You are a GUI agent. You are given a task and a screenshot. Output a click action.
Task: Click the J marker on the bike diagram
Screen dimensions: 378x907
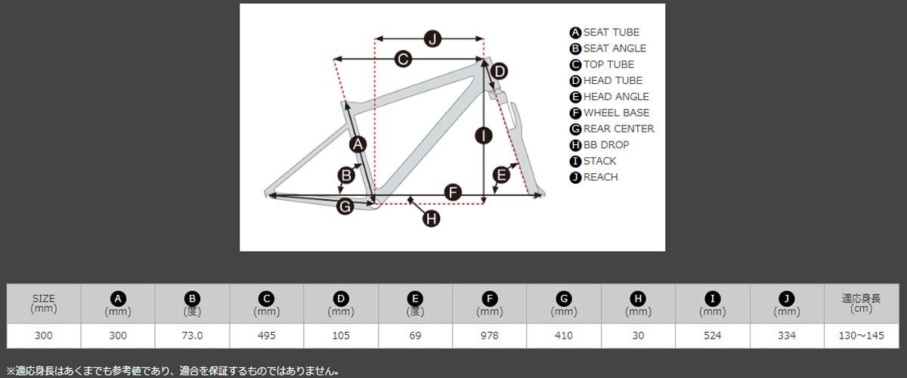pyautogui.click(x=432, y=39)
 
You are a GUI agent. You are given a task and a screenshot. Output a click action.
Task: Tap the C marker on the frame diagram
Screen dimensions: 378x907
pyautogui.click(x=403, y=59)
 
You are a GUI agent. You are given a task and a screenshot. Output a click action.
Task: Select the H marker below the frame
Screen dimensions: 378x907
pyautogui.click(x=431, y=218)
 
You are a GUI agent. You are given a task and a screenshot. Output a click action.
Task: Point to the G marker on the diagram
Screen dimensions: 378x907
pyautogui.click(x=345, y=206)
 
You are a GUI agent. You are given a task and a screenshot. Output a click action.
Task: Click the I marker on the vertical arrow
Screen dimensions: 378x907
pyautogui.click(x=483, y=136)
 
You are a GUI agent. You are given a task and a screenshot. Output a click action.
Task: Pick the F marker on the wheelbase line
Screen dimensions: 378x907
pyautogui.click(x=453, y=192)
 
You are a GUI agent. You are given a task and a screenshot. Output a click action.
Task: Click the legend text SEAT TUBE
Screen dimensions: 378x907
pyautogui.click(x=611, y=33)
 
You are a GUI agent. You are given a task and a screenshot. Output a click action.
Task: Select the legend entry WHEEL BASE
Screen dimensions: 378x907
pyautogui.click(x=616, y=113)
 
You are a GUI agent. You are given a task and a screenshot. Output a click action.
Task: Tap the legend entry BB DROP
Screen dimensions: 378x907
pyautogui.click(x=605, y=145)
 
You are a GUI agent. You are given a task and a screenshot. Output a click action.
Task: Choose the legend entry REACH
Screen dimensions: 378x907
pyautogui.click(x=600, y=177)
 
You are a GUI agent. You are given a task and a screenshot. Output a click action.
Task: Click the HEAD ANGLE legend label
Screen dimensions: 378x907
pyautogui.click(x=615, y=97)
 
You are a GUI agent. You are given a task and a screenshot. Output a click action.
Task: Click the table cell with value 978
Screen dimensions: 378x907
pyautogui.click(x=490, y=335)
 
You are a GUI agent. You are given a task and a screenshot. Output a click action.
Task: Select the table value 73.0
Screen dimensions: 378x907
pyautogui.click(x=192, y=335)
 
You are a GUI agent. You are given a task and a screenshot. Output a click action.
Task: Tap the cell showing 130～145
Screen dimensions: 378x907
pyautogui.click(x=862, y=335)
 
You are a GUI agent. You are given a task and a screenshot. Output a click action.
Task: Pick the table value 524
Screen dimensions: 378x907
pyautogui.click(x=713, y=335)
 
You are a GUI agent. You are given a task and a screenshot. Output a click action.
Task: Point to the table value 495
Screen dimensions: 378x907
pyautogui.click(x=267, y=335)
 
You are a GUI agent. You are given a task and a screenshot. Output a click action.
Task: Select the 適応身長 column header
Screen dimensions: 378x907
pyautogui.click(x=862, y=298)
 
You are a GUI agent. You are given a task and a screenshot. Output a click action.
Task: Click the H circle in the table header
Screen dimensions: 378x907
pyautogui.click(x=639, y=298)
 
